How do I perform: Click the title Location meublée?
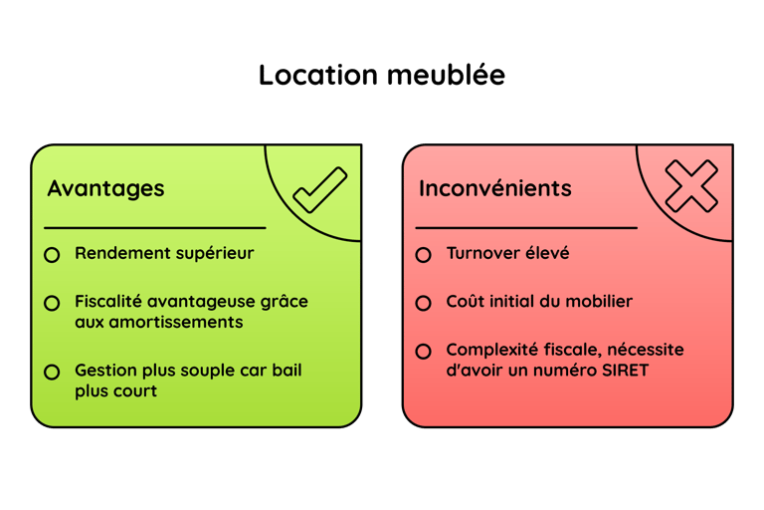coord(382,76)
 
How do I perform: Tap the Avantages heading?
coord(105,188)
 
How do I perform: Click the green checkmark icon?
coord(320,189)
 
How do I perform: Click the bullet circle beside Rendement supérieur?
coord(52,255)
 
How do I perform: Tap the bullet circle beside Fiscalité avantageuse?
coord(52,302)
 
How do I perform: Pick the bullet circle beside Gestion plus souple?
coord(52,372)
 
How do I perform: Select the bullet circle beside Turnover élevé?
coord(423,255)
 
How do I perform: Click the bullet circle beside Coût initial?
coord(423,302)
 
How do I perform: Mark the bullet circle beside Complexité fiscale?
coord(423,351)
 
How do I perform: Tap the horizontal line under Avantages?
coord(155,228)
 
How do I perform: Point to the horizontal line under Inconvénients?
coord(526,228)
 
